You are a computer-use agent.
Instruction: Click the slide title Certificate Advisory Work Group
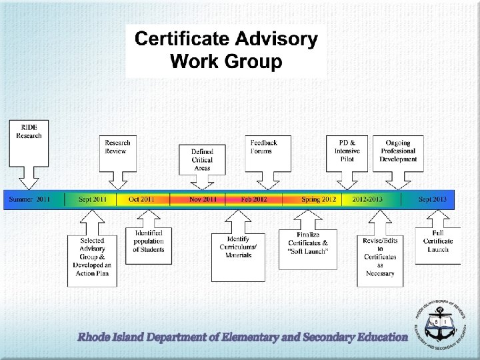(x=226, y=51)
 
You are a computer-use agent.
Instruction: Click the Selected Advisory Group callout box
(x=92, y=257)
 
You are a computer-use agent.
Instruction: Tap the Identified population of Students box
(x=149, y=241)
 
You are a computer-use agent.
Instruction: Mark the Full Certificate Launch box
(x=438, y=241)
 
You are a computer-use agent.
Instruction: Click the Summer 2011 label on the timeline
(x=30, y=199)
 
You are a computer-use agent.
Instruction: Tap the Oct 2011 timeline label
(x=142, y=199)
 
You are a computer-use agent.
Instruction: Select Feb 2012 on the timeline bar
(x=254, y=199)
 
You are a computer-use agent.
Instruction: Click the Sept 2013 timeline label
(x=433, y=199)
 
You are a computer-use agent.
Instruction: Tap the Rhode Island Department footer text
(x=243, y=337)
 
